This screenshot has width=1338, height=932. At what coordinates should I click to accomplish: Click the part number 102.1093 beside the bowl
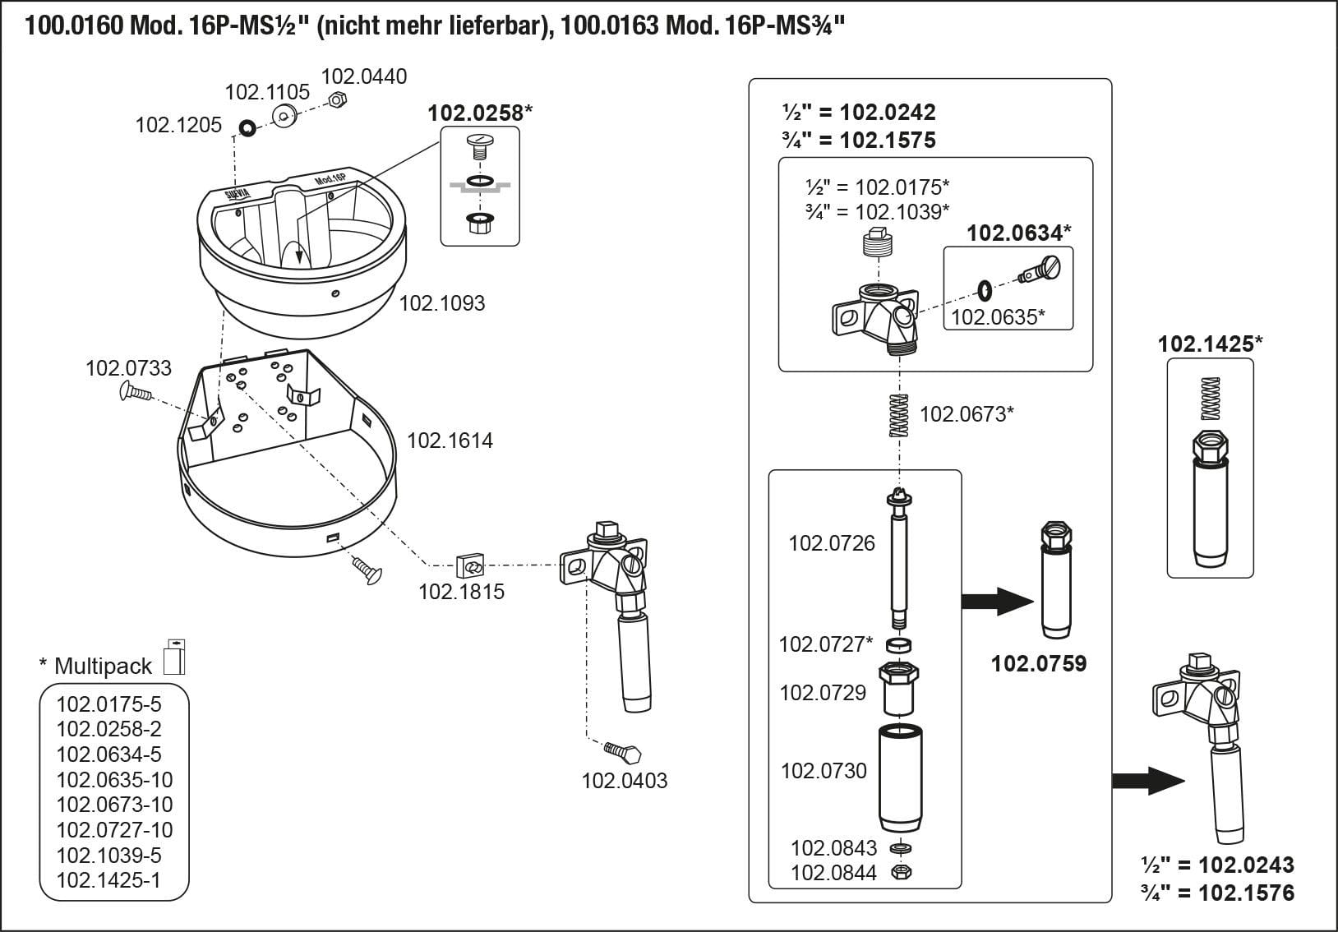coord(442,303)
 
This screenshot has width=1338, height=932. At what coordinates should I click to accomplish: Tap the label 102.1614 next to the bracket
coord(450,441)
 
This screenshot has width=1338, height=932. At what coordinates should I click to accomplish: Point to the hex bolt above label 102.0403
coord(623,751)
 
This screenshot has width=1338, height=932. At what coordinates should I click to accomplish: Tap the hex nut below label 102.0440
coord(335,100)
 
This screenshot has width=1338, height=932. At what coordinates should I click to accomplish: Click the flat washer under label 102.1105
coord(285,116)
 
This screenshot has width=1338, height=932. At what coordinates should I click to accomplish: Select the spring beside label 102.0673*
coord(901,416)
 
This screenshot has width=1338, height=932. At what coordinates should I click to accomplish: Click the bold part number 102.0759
coord(1039,663)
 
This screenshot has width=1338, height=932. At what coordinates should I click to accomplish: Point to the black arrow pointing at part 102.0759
coord(997,601)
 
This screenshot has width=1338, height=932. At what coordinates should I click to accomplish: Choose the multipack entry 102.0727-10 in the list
coord(114,830)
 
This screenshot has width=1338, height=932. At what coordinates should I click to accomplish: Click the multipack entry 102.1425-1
coord(108,880)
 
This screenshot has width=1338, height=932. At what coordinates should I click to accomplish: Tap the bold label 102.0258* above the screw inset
coord(480,113)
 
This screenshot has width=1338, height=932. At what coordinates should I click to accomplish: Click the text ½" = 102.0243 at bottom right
coord(1217,865)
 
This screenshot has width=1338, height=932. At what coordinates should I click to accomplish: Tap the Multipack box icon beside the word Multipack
coord(175,657)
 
